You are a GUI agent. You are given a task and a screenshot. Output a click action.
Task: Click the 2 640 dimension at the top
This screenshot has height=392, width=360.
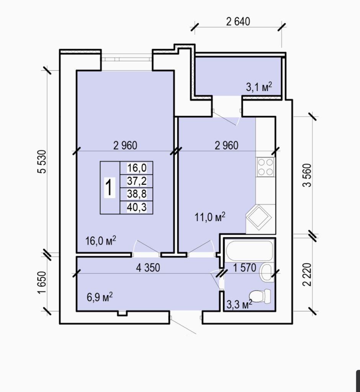(238, 21)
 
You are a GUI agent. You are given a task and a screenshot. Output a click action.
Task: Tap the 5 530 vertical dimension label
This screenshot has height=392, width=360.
(42, 162)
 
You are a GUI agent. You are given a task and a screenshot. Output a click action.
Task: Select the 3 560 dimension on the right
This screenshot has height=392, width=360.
(307, 175)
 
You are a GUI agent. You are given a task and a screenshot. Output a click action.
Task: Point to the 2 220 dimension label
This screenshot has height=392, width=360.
(307, 274)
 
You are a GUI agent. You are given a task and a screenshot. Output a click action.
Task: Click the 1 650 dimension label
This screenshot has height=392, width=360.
(42, 283)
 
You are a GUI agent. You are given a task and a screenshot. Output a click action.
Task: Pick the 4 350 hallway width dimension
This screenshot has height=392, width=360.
(148, 268)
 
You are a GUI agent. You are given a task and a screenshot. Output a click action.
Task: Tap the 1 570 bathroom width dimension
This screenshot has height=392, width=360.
(244, 268)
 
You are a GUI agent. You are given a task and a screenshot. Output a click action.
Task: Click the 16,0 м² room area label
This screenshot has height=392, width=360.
(101, 241)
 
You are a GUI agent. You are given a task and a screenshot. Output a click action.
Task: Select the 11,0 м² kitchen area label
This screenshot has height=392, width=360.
(210, 217)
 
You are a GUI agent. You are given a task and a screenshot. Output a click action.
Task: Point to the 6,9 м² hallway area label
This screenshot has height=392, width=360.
(100, 297)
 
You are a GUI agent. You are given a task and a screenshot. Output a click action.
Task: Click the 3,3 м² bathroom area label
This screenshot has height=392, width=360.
(239, 304)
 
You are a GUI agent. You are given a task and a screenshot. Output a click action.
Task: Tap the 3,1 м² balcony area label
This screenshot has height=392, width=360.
(259, 87)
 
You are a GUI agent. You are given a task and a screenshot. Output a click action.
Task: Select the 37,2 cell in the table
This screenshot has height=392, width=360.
(137, 181)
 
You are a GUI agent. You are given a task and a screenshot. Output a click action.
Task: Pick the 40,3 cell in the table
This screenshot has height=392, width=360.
(137, 207)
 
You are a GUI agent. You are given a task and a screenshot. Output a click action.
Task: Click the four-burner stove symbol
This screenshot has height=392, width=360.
(265, 167)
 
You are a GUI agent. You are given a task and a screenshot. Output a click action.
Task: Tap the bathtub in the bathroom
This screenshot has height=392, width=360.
(249, 250)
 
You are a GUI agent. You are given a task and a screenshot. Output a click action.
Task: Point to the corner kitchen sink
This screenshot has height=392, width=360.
(259, 217)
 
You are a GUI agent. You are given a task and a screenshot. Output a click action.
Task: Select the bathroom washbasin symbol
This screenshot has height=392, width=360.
(267, 273)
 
